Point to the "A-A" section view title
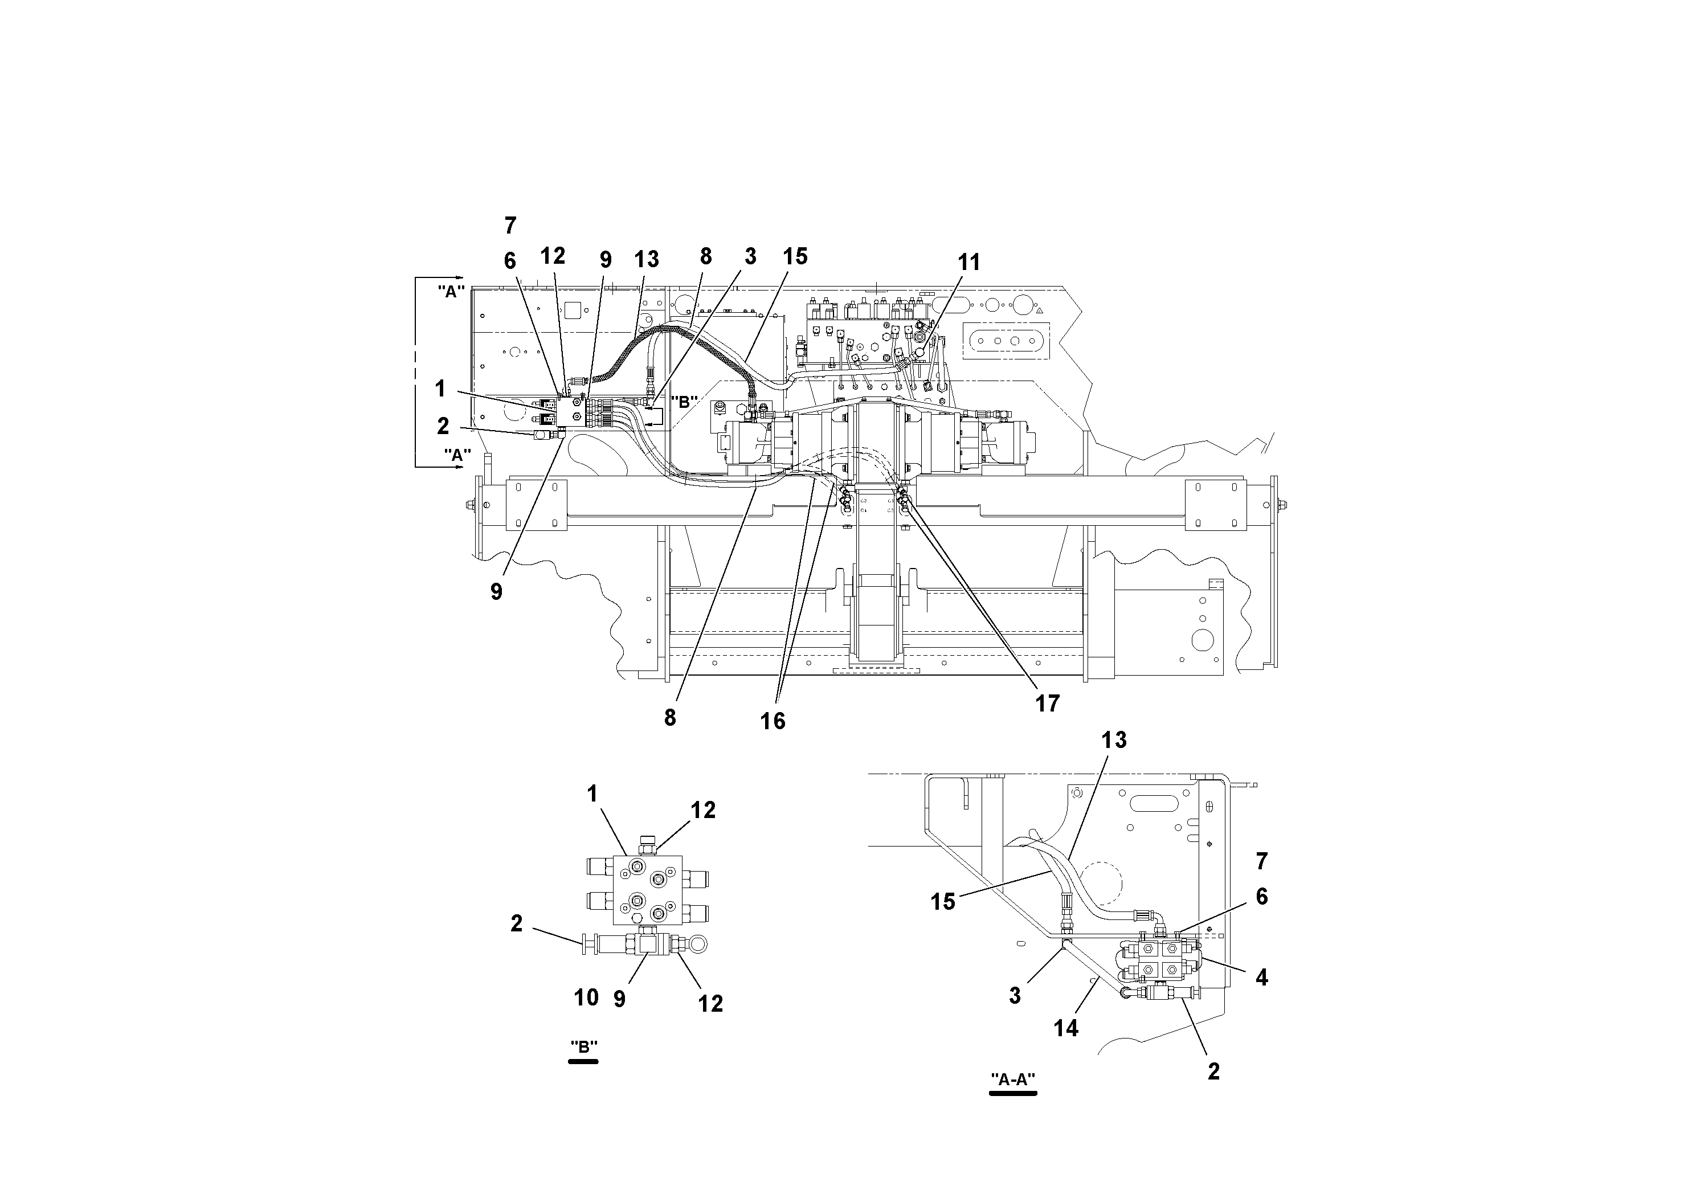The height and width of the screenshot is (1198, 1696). pyautogui.click(x=1013, y=1080)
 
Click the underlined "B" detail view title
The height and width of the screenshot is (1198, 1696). pyautogui.click(x=583, y=1048)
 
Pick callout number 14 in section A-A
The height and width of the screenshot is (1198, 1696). pyautogui.click(x=1065, y=1028)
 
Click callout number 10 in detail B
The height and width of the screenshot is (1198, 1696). pyautogui.click(x=587, y=998)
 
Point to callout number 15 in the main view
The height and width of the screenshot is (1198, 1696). pyautogui.click(x=795, y=256)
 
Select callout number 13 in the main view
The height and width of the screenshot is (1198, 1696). pyautogui.click(x=647, y=259)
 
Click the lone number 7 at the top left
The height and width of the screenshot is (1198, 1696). pyautogui.click(x=510, y=225)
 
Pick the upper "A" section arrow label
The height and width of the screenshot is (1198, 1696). pyautogui.click(x=450, y=291)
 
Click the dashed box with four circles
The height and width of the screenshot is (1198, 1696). pyautogui.click(x=1006, y=341)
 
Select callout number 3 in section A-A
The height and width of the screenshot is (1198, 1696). pyautogui.click(x=1015, y=996)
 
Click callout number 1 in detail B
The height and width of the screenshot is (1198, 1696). pyautogui.click(x=592, y=794)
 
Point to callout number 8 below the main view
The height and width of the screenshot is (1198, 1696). pyautogui.click(x=670, y=718)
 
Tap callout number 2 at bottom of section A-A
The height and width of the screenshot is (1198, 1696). pyautogui.click(x=1213, y=1072)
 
